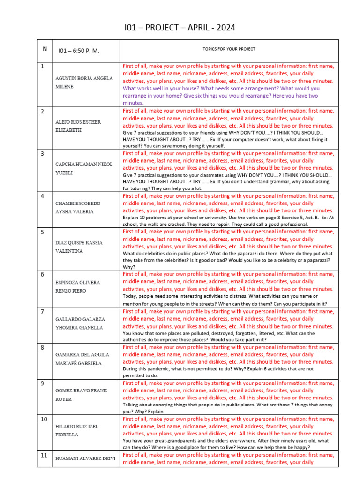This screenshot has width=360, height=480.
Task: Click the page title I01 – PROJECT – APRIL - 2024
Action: [180, 29]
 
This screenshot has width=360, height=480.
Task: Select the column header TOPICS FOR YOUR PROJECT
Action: [229, 49]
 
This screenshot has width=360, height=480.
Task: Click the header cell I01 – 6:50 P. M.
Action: [78, 51]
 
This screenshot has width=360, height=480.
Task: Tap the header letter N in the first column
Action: [45, 49]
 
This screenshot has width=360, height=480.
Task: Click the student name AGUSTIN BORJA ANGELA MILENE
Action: [84, 82]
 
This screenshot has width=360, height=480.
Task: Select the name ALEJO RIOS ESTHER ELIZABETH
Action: [78, 126]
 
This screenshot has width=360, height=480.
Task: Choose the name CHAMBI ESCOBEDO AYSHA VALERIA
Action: [77, 208]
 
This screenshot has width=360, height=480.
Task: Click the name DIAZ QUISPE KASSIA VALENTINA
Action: [79, 247]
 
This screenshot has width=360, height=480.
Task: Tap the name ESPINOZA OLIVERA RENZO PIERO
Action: [77, 286]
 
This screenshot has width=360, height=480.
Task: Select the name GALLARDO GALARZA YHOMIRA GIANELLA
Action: [80, 323]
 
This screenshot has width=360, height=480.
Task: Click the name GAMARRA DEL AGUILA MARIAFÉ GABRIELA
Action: [82, 359]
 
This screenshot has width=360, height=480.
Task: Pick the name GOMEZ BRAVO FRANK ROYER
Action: [81, 395]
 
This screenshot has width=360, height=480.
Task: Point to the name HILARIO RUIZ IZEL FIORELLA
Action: [77, 431]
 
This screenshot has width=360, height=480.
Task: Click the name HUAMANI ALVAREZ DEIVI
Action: [85, 458]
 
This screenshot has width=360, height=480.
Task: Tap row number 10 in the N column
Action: [44, 419]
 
